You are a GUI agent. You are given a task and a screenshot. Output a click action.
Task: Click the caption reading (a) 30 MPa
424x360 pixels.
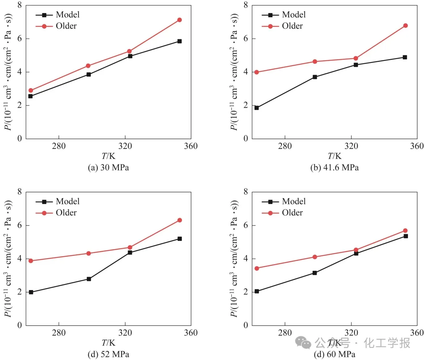pyautogui.click(x=108, y=167)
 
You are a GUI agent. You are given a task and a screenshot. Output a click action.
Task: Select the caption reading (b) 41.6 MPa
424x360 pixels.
pyautogui.click(x=334, y=167)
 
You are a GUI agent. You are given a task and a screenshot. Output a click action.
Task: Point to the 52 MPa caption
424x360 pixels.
pyautogui.click(x=108, y=354)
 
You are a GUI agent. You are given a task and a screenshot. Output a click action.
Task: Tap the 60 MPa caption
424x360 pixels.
pyautogui.click(x=334, y=354)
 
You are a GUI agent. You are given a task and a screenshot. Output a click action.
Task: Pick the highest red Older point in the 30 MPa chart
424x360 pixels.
pyautogui.click(x=179, y=20)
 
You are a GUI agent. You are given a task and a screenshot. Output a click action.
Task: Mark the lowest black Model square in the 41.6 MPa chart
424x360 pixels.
pyautogui.click(x=257, y=108)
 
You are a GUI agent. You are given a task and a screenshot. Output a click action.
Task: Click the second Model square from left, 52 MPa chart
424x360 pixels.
pyautogui.click(x=89, y=279)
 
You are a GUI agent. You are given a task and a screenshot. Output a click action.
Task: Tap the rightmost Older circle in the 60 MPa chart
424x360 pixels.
pyautogui.click(x=406, y=231)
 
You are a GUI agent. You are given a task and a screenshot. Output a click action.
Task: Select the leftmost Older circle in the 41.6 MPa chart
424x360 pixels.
pyautogui.click(x=257, y=72)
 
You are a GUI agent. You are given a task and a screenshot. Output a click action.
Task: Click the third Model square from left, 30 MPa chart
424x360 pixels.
pyautogui.click(x=130, y=56)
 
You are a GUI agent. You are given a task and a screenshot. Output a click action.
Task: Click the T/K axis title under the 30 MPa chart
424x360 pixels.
pyautogui.click(x=108, y=156)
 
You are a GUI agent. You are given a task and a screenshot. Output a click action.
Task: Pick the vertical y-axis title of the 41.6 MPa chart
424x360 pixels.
pyautogui.click(x=234, y=72)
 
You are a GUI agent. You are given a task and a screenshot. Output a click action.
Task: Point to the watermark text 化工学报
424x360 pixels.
pyautogui.click(x=387, y=343)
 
